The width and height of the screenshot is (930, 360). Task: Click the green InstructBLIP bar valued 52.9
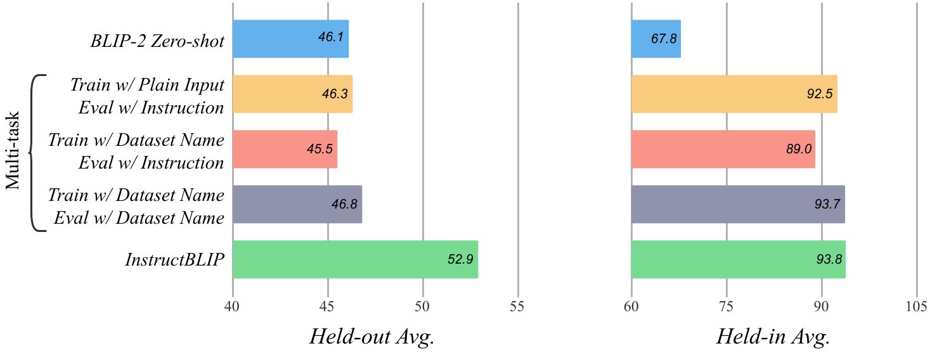point(356,259)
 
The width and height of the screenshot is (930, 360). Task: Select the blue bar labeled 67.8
point(656,39)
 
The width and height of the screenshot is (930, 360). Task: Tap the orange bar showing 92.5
point(734,94)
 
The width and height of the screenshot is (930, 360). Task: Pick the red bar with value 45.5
point(285,149)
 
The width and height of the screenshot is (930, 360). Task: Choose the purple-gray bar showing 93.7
point(738,204)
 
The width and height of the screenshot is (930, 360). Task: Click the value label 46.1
point(331,37)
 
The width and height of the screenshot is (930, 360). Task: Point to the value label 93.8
point(829,259)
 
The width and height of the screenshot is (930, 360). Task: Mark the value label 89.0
point(799,149)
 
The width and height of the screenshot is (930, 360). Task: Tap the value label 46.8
point(345,204)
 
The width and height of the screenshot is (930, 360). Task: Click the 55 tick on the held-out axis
point(517,306)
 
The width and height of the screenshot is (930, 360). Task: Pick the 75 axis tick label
point(726,306)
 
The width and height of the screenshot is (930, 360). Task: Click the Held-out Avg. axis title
point(372,337)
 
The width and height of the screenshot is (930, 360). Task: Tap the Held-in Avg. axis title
point(773,337)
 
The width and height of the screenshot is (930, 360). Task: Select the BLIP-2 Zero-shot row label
point(157,41)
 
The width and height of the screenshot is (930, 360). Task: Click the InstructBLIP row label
point(175,259)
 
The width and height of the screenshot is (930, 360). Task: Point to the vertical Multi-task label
point(13,150)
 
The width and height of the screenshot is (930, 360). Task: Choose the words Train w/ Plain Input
point(147,85)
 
